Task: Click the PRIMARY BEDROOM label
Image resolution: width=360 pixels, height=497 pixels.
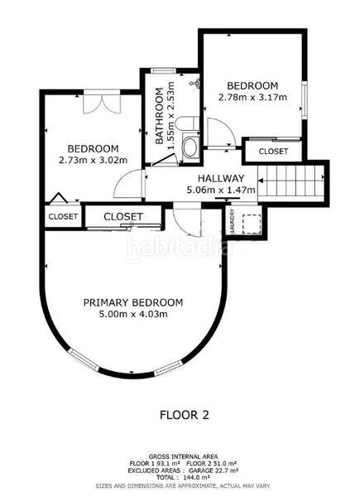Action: pyautogui.click(x=133, y=302)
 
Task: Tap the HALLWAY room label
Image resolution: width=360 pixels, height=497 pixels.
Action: pyautogui.click(x=221, y=178)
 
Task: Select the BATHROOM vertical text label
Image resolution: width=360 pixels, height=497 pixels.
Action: pyautogui.click(x=160, y=116)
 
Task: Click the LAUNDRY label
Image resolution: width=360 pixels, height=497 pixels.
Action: pyautogui.click(x=233, y=220)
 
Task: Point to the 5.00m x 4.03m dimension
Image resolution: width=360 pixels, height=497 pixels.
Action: pyautogui.click(x=133, y=314)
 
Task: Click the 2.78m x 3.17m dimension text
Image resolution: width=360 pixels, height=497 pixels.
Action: pyautogui.click(x=252, y=97)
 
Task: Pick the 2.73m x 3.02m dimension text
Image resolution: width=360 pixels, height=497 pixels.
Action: pyautogui.click(x=93, y=160)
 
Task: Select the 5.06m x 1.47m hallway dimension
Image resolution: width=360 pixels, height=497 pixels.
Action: pyautogui.click(x=221, y=191)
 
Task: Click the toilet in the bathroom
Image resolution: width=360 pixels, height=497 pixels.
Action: pyautogui.click(x=187, y=123)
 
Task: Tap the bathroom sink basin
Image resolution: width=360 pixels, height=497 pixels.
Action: pyautogui.click(x=190, y=147)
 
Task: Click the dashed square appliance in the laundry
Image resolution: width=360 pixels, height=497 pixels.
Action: pyautogui.click(x=252, y=224)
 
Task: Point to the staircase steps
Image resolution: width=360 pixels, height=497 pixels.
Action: pyautogui.click(x=290, y=181)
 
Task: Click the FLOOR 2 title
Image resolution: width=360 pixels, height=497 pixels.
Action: pyautogui.click(x=185, y=415)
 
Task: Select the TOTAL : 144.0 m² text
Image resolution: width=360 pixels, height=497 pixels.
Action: pyautogui.click(x=184, y=477)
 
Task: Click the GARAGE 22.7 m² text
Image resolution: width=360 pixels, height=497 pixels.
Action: pyautogui.click(x=214, y=470)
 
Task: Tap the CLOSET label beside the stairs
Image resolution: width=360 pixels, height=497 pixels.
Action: pyautogui.click(x=273, y=152)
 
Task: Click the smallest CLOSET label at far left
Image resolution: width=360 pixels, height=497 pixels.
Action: pyautogui.click(x=63, y=216)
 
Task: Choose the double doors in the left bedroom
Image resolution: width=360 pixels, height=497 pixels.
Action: pyautogui.click(x=102, y=103)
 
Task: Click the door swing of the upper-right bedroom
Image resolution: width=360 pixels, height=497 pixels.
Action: pyautogui.click(x=221, y=133)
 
